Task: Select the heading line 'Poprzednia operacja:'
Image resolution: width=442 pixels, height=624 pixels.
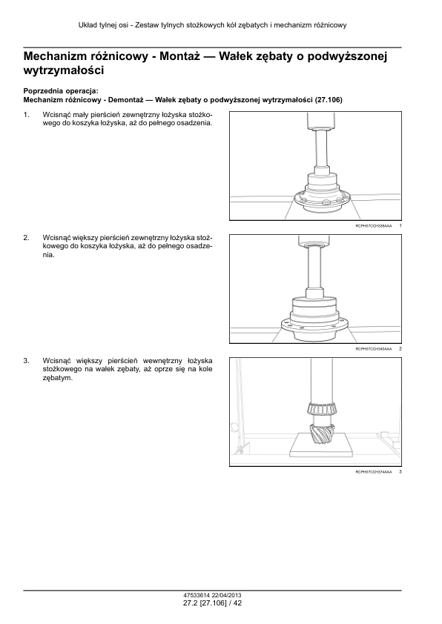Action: (x=61, y=91)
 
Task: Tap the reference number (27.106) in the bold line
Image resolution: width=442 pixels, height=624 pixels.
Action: (x=329, y=100)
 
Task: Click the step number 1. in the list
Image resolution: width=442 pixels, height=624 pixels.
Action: (x=26, y=115)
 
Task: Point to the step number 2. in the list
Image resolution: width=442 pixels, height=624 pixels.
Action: (x=26, y=238)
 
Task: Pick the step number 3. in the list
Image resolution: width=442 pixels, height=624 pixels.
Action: (x=26, y=361)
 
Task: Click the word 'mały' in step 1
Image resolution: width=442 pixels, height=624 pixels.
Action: (x=79, y=115)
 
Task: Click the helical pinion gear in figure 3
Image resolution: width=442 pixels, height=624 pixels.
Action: (x=321, y=434)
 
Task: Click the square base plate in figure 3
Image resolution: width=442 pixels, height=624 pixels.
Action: (x=321, y=447)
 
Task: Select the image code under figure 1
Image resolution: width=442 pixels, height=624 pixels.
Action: (x=374, y=225)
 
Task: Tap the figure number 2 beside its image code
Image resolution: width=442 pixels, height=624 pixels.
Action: (x=400, y=348)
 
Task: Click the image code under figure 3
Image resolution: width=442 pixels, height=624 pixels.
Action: (x=374, y=472)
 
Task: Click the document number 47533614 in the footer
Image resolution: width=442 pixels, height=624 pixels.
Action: (x=197, y=596)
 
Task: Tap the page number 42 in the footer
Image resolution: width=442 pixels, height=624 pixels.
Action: (x=237, y=603)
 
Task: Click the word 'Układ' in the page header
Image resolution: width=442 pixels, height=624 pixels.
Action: (x=87, y=25)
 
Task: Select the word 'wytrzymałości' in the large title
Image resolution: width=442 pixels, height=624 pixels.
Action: (x=64, y=70)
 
